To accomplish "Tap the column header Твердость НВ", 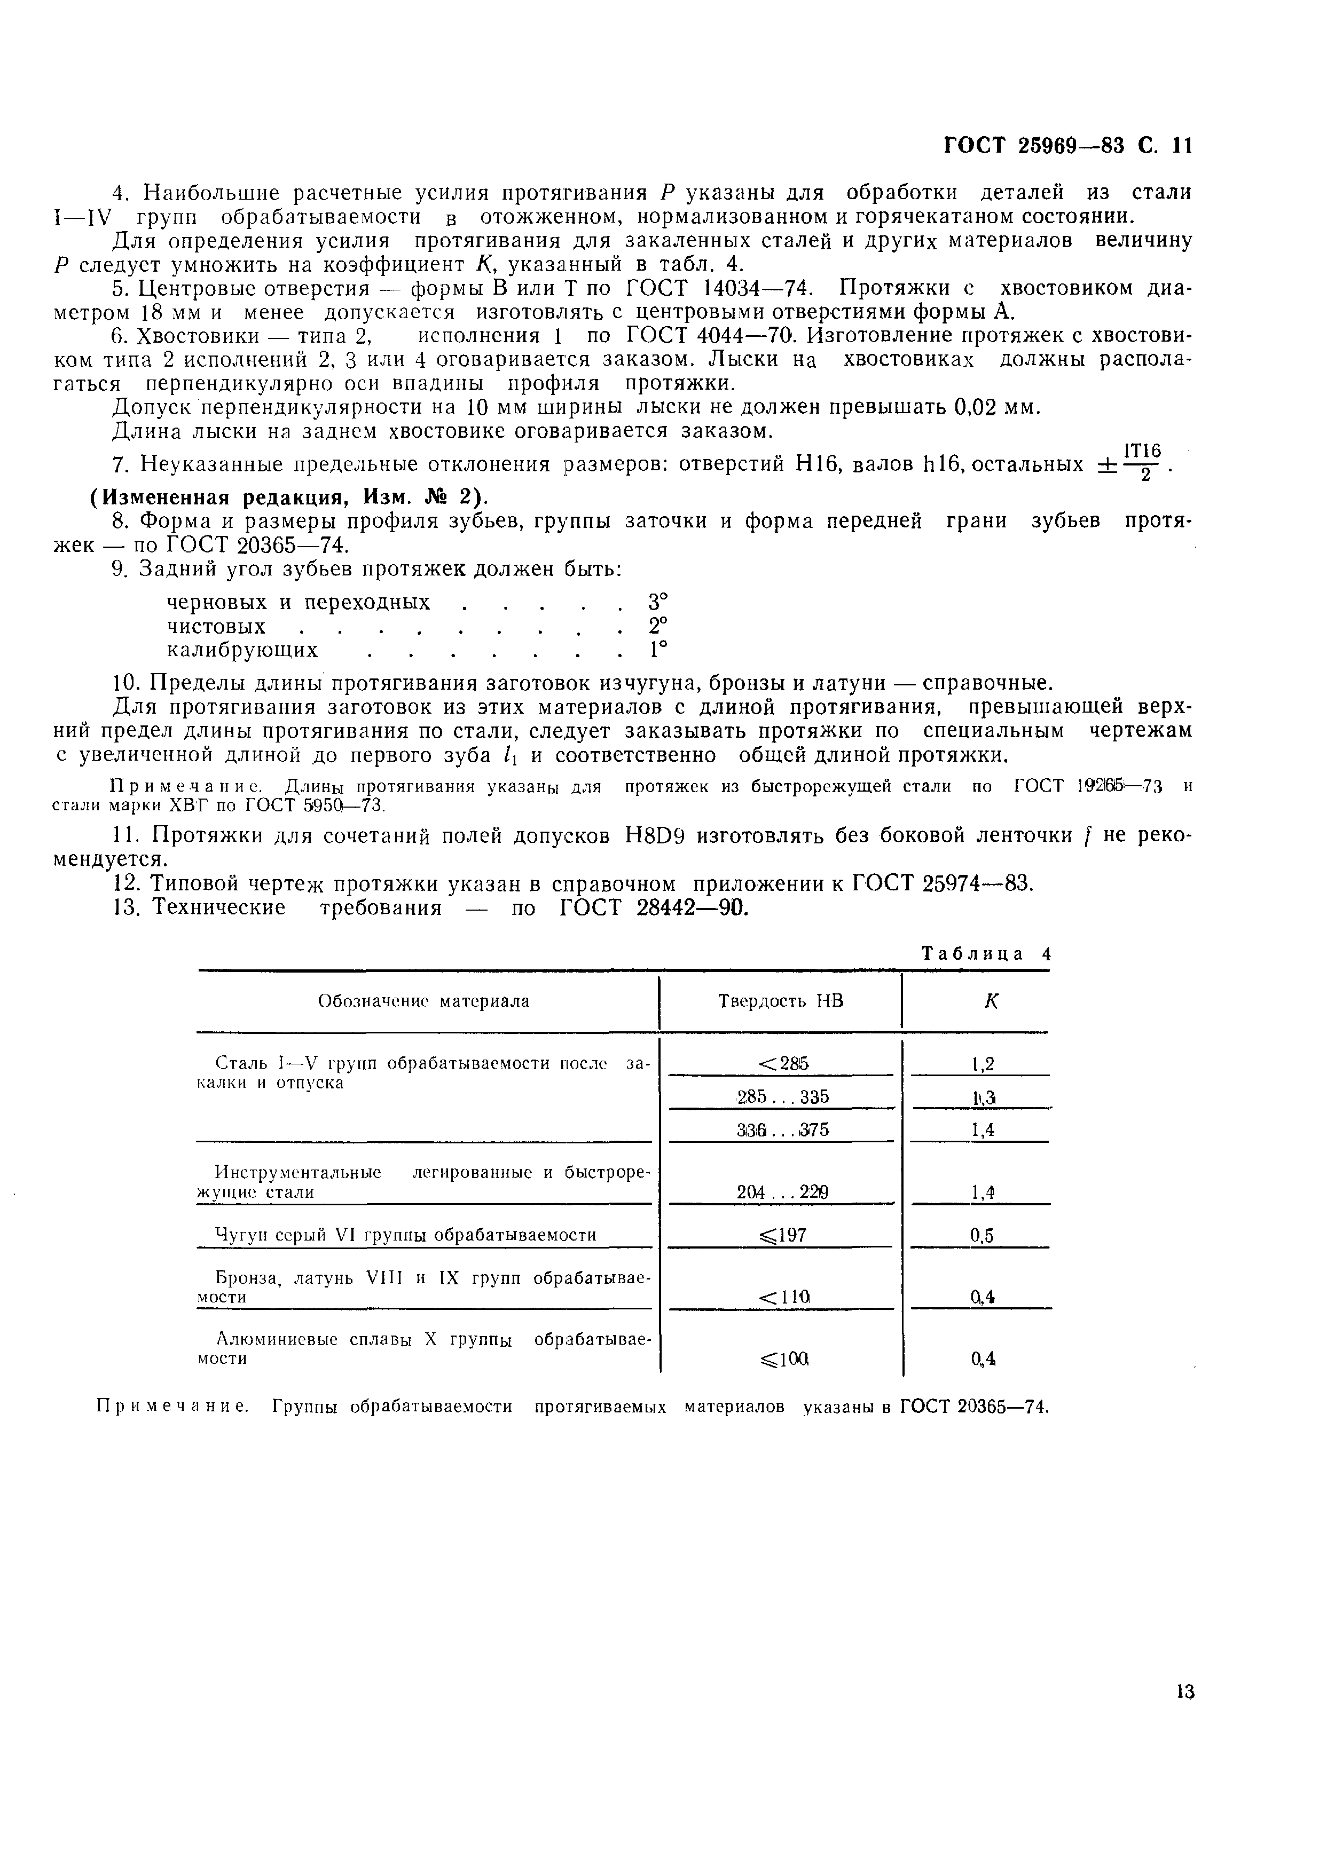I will click(x=780, y=1000).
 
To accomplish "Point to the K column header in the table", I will click(x=991, y=1001).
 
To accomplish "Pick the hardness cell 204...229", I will click(x=782, y=1192).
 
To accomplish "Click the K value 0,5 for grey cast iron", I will click(x=982, y=1236).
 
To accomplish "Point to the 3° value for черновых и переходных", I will click(x=658, y=602).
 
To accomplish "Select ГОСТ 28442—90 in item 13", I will click(x=654, y=907).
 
